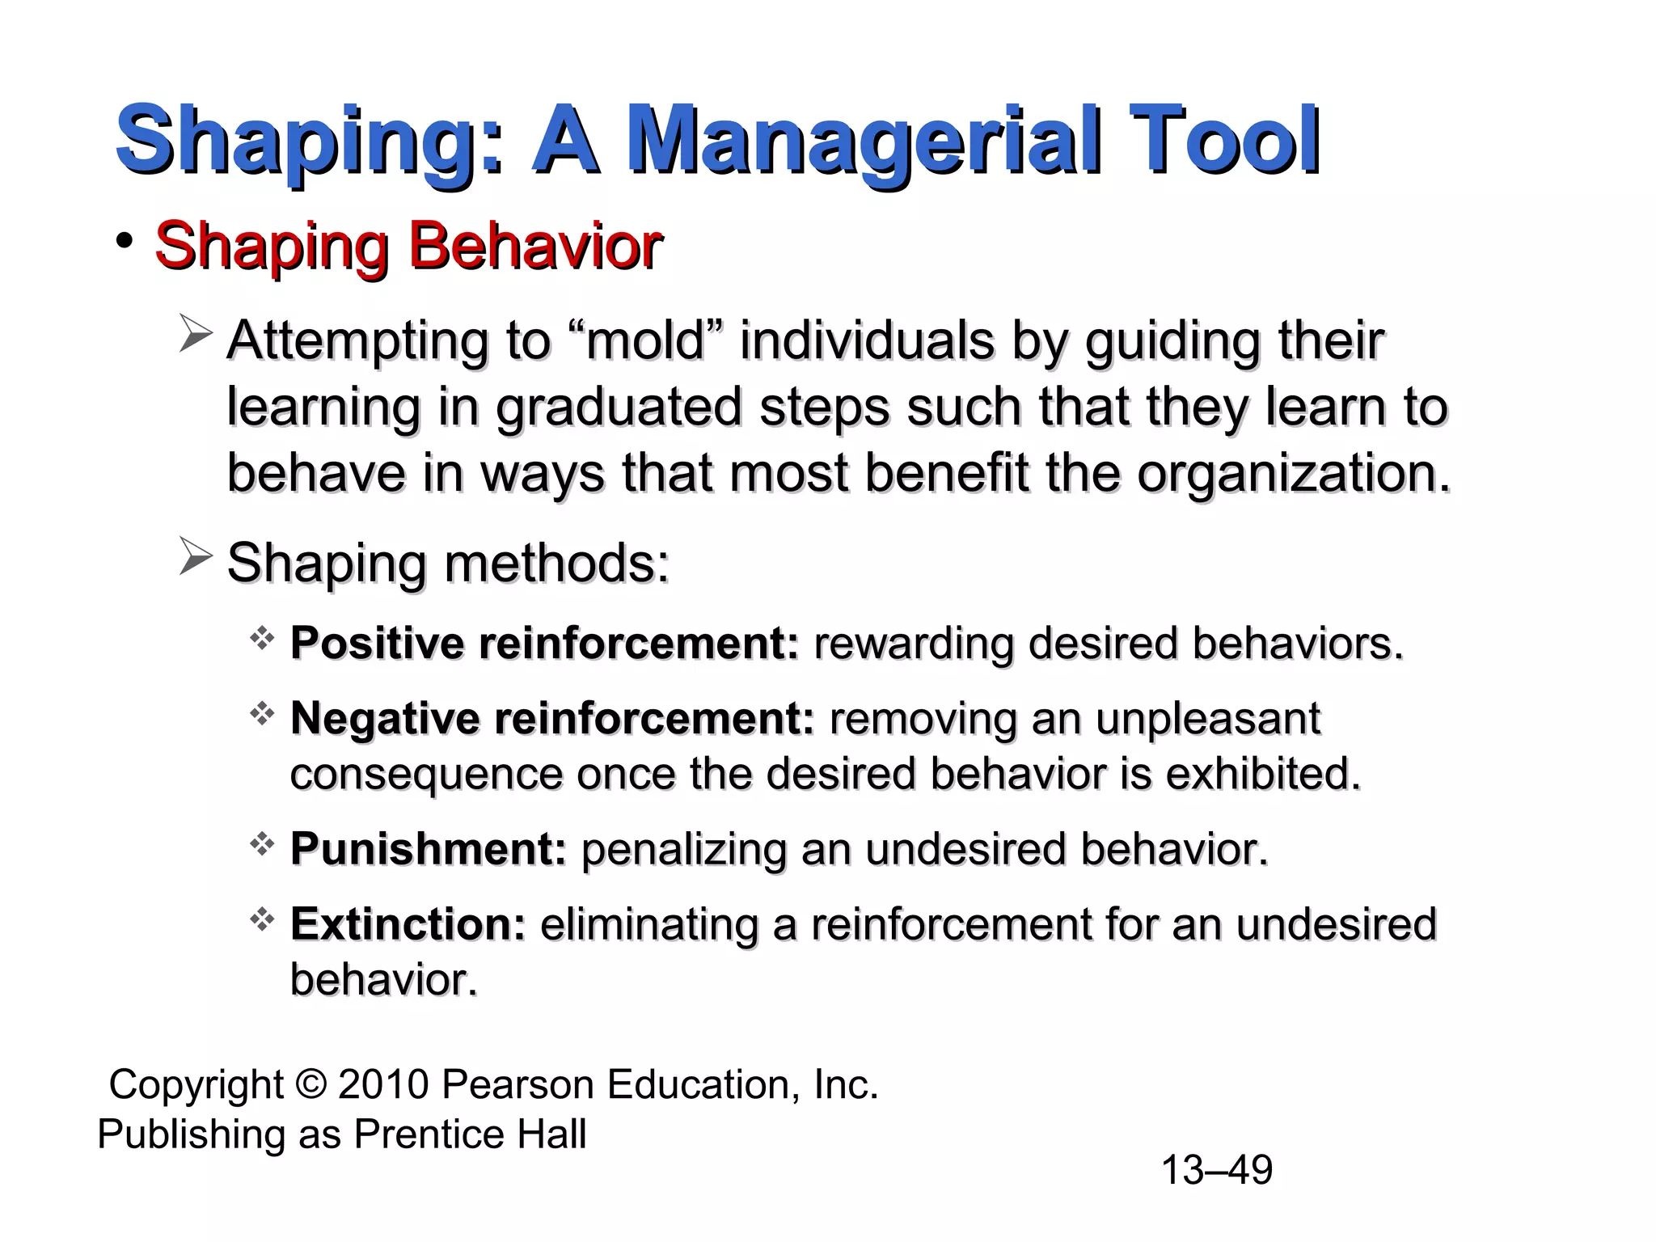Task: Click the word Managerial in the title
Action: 864,142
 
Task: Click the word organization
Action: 1294,473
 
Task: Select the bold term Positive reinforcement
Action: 544,644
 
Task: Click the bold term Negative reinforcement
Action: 552,718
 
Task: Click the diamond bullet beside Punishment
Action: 262,846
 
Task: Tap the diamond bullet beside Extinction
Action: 262,920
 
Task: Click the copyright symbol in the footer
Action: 311,1085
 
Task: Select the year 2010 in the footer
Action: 383,1084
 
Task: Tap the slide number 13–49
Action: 1216,1170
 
